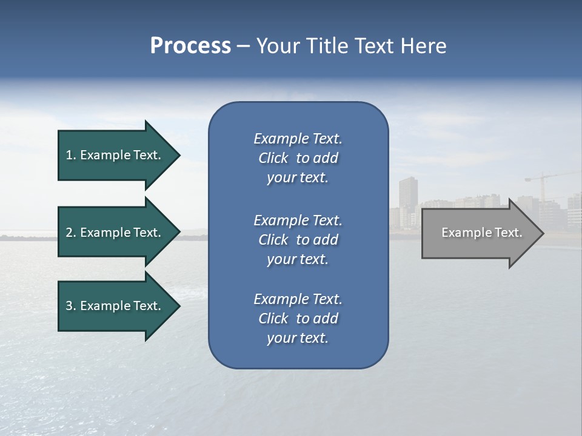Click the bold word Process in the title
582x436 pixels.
coord(190,46)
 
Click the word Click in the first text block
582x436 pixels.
coord(273,159)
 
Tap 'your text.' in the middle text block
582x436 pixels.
coord(298,259)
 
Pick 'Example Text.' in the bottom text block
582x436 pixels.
coord(298,299)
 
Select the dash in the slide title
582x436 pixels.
coord(243,46)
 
